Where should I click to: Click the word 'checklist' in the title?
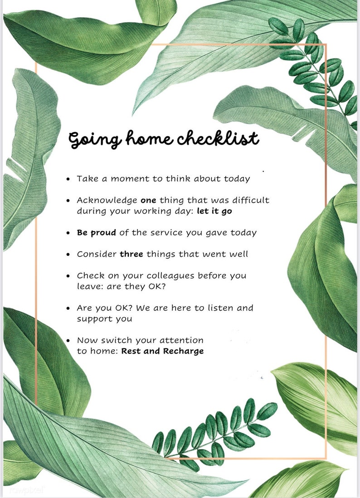(218, 138)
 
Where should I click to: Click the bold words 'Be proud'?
(97, 233)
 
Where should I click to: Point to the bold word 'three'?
(131, 254)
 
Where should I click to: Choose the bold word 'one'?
(148, 200)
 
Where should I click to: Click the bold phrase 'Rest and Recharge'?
(162, 351)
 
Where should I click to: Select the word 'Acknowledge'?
(107, 200)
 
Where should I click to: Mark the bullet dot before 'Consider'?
(68, 254)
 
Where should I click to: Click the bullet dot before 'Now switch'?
(68, 341)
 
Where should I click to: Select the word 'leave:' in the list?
(90, 287)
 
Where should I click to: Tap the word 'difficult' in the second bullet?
(251, 200)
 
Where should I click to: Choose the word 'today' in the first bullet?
(237, 179)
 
